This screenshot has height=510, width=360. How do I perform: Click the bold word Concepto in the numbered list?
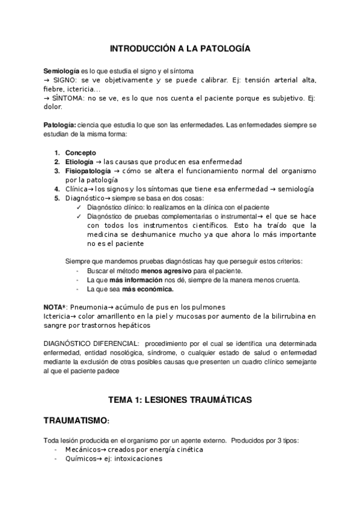[80, 153]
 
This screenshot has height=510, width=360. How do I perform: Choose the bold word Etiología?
[79, 162]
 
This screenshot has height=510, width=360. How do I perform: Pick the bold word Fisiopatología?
[87, 171]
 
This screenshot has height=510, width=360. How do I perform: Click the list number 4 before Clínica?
[56, 189]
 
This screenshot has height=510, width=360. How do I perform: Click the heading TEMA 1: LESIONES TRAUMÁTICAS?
[180, 399]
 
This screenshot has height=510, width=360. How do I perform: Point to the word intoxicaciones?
[138, 458]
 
